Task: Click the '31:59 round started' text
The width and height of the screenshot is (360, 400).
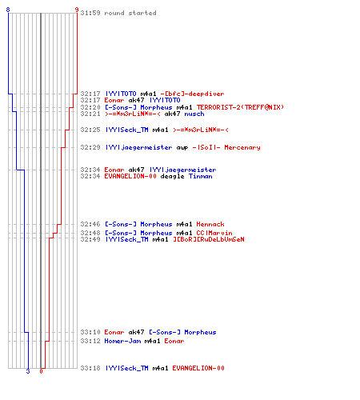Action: click(x=118, y=13)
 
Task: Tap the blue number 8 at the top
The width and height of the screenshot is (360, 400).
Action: click(x=8, y=10)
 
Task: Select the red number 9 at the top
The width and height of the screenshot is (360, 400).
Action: click(x=77, y=10)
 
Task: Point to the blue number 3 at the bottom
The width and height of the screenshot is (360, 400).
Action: click(x=28, y=371)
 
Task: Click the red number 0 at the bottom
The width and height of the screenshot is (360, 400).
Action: click(x=41, y=371)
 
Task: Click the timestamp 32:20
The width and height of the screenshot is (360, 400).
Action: click(x=90, y=107)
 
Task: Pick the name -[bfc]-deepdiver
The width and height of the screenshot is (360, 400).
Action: click(x=192, y=94)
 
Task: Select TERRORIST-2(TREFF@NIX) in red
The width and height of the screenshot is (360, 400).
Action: click(x=240, y=107)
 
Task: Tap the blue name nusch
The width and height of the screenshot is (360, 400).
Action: click(x=194, y=114)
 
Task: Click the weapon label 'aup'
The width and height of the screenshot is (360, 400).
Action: click(x=182, y=148)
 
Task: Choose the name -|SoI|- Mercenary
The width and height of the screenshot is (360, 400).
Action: click(x=226, y=147)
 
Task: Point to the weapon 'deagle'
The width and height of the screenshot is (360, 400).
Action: click(x=172, y=176)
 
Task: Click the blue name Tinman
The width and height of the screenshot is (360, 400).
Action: click(x=201, y=176)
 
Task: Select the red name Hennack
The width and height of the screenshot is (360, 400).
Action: click(x=210, y=224)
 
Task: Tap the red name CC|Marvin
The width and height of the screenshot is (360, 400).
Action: click(x=214, y=233)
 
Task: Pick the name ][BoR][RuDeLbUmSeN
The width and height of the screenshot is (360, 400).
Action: click(x=209, y=239)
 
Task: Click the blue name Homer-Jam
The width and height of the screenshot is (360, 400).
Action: click(x=122, y=341)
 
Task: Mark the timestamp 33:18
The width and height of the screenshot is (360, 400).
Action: click(x=90, y=368)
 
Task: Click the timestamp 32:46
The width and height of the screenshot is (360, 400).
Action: click(x=90, y=224)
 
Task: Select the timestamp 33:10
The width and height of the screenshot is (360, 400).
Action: click(x=90, y=332)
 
